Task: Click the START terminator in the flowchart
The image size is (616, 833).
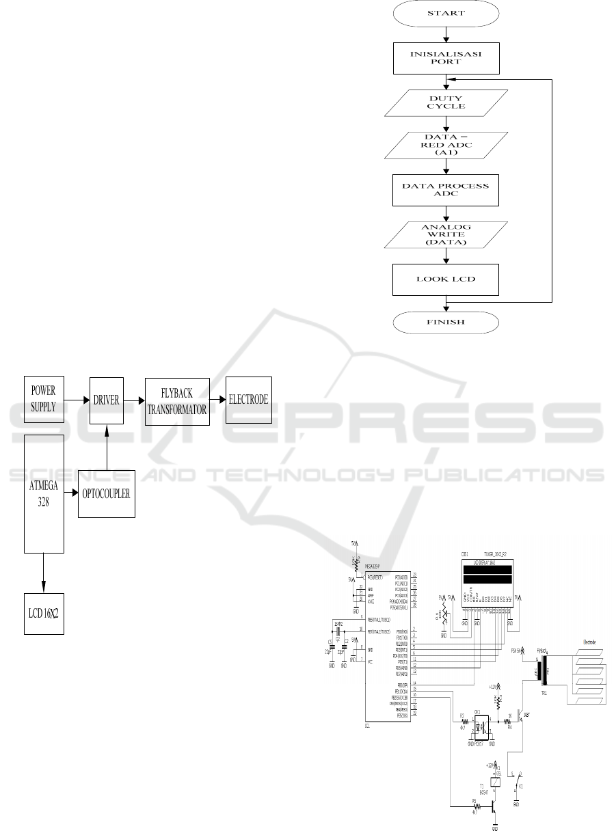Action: click(x=446, y=13)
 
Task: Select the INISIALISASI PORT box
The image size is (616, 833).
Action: click(x=446, y=58)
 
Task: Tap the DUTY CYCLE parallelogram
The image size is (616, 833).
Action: click(x=446, y=102)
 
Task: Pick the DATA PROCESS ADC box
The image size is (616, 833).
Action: click(x=446, y=191)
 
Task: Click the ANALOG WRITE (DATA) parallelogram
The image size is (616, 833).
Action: click(x=446, y=234)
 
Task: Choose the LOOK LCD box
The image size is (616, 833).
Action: click(x=446, y=279)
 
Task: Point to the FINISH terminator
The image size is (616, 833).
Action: click(x=446, y=321)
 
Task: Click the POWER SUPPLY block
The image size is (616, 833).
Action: click(x=44, y=400)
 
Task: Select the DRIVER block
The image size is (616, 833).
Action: click(x=106, y=400)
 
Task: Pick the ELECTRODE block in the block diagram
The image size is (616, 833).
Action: click(x=249, y=400)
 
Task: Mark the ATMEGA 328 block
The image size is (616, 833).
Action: click(x=44, y=493)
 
